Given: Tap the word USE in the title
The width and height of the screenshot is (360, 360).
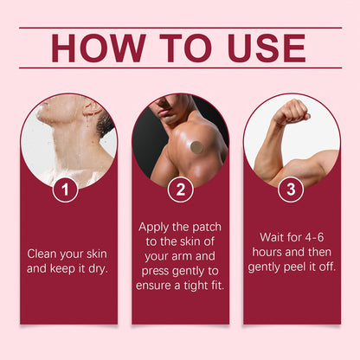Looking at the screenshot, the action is click(267, 48).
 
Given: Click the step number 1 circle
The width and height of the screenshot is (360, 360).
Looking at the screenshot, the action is click(65, 190).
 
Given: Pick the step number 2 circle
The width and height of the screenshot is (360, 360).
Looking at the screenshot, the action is click(181, 190).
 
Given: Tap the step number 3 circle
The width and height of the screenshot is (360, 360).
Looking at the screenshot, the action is click(291, 190).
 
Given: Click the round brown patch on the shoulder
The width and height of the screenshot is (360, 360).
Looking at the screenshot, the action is click(196, 147).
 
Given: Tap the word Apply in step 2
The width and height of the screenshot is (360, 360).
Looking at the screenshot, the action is click(153, 228).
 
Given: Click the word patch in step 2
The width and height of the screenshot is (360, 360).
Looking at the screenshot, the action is click(207, 228).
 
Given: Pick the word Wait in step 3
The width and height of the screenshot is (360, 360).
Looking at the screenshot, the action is click(272, 237).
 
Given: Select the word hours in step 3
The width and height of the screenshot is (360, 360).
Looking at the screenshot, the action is click(264, 252).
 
